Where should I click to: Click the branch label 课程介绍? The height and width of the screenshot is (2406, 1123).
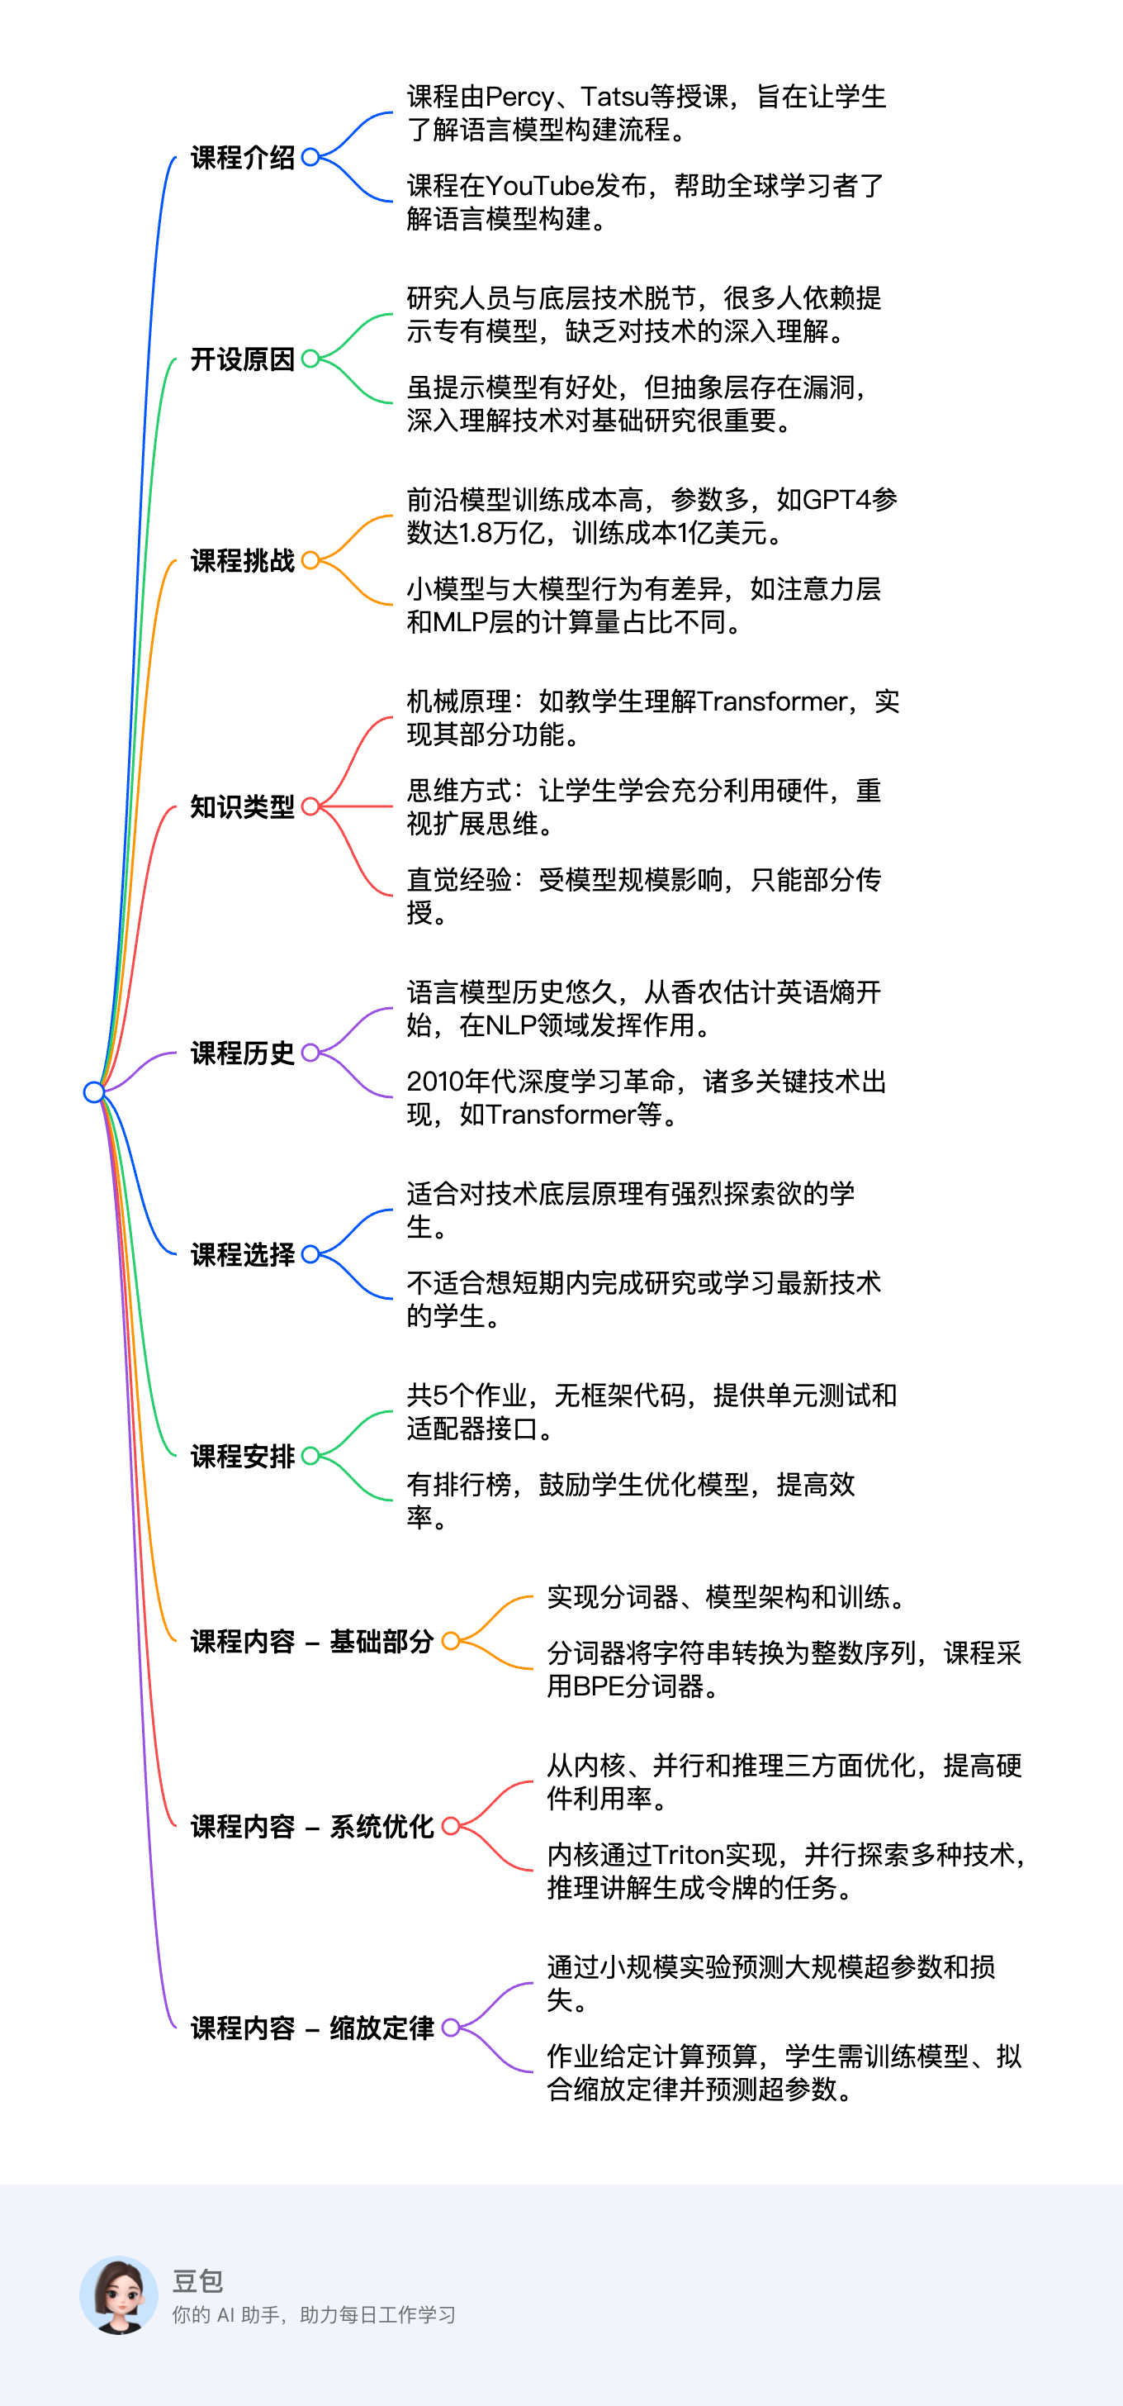click(243, 158)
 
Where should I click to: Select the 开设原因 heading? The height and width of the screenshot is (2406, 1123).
click(243, 359)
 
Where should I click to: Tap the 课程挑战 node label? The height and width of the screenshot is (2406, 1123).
click(243, 561)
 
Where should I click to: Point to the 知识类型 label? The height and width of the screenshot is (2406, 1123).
click(243, 807)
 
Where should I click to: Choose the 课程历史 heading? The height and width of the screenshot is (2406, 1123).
click(243, 1053)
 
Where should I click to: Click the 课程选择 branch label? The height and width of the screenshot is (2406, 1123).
click(243, 1255)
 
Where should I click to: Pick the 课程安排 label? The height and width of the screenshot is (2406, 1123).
click(243, 1457)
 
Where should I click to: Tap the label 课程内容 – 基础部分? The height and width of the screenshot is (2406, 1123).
click(313, 1642)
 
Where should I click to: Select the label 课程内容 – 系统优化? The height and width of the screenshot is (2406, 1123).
click(313, 1827)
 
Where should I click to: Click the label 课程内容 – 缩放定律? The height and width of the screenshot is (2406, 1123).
click(313, 2028)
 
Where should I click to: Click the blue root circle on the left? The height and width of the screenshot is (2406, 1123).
click(93, 1091)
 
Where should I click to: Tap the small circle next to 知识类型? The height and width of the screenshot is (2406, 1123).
click(310, 806)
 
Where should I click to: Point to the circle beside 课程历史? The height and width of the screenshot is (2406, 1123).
click(310, 1053)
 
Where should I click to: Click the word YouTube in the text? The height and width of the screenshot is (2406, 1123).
click(539, 186)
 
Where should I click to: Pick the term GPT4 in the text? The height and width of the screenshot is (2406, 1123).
click(836, 500)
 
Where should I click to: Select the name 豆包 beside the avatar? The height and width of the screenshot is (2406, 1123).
click(198, 2282)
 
